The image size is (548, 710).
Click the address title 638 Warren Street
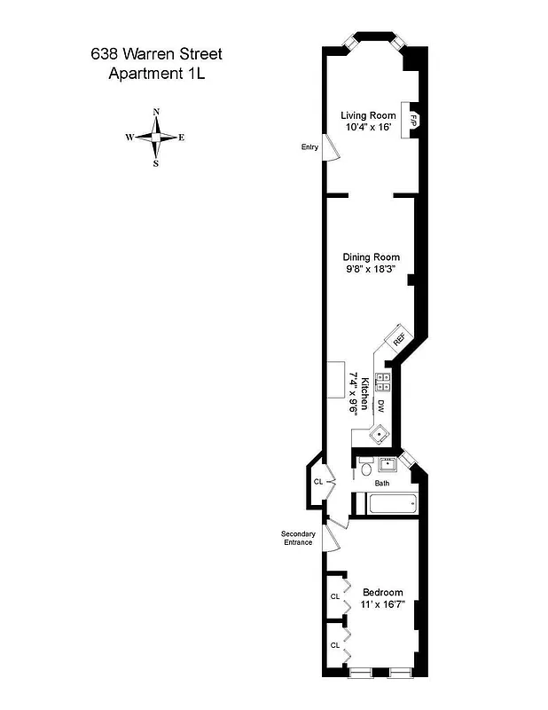point(156,55)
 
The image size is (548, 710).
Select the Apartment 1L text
point(156,75)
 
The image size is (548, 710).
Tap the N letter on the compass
point(156,112)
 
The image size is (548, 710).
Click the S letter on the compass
point(156,163)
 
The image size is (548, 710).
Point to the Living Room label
point(368,114)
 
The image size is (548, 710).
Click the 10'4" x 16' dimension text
point(368,127)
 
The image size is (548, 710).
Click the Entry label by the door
point(309,147)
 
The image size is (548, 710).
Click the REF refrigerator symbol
point(397,338)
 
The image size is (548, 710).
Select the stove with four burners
point(384,382)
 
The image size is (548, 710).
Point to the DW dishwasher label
point(381,406)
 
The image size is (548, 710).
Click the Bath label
point(381,484)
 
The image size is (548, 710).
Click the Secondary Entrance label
point(298,538)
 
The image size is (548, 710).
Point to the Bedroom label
point(383,592)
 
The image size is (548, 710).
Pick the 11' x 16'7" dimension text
point(383,604)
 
